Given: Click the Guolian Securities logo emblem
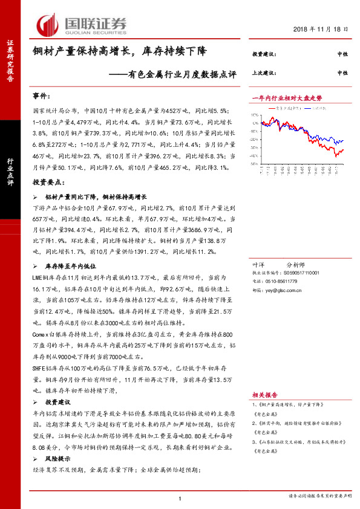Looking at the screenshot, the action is (x=48, y=25).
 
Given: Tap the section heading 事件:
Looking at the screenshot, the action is (x=42, y=96).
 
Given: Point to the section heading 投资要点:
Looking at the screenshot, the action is (x=47, y=182).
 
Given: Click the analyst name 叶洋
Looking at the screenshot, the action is (x=258, y=265).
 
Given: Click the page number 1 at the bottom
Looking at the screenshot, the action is (x=180, y=499).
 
